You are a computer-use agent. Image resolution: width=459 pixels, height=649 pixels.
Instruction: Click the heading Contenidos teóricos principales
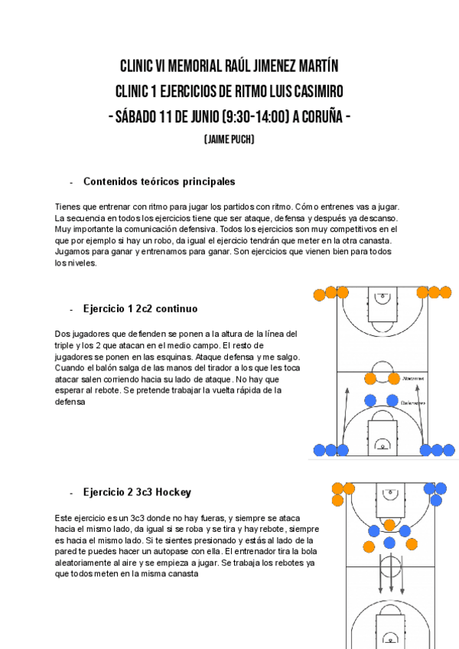[159, 181]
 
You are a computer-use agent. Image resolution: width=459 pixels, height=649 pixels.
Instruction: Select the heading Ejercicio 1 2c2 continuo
[140, 308]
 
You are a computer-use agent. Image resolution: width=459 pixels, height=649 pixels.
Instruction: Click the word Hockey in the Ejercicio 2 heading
[173, 491]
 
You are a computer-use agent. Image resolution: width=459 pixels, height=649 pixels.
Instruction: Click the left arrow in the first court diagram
[346, 413]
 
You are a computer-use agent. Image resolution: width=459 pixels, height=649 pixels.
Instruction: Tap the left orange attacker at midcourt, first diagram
[370, 378]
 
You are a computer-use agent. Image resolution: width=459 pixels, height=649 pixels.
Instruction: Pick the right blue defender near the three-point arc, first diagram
[392, 400]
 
